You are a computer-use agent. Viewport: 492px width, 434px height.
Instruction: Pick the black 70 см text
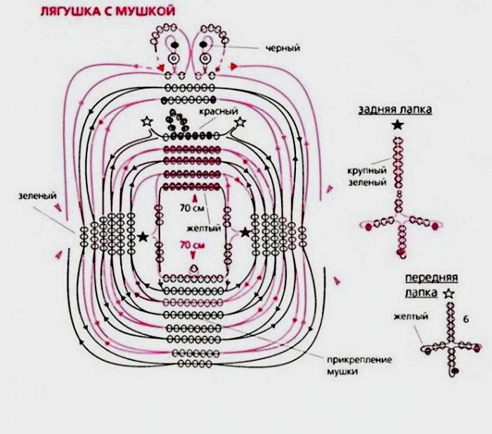tap(191, 209)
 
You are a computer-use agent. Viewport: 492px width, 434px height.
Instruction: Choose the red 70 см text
tap(192, 245)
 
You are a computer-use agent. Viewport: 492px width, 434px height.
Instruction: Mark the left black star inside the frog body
tap(145, 237)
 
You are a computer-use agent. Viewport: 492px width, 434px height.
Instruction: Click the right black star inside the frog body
tap(246, 232)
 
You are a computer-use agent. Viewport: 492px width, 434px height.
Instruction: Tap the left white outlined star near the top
tap(147, 122)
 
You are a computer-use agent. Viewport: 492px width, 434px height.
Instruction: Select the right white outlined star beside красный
tap(240, 122)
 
